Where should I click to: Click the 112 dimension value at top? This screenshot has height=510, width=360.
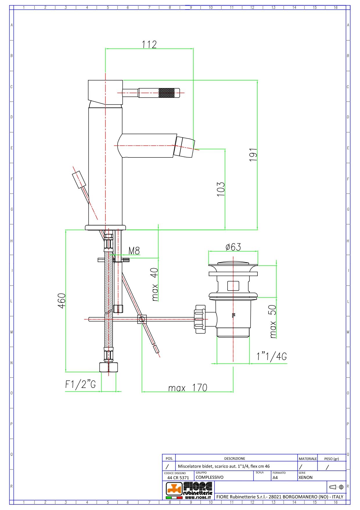click(x=149, y=44)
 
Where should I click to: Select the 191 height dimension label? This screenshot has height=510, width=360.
click(x=253, y=155)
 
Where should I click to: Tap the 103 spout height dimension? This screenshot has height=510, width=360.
click(x=221, y=189)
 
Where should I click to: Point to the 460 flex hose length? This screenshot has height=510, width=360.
click(x=62, y=301)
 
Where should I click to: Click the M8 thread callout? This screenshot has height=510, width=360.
click(x=134, y=251)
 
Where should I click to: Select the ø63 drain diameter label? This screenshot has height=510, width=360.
click(x=233, y=247)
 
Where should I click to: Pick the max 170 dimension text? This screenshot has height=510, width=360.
click(x=188, y=388)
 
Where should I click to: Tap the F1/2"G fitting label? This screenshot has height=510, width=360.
click(x=80, y=384)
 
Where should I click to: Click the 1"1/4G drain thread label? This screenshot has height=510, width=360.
click(x=271, y=356)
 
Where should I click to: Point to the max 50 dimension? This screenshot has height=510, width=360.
click(x=272, y=321)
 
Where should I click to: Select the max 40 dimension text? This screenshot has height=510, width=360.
click(x=155, y=284)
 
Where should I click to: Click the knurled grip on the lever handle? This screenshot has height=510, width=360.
click(x=167, y=93)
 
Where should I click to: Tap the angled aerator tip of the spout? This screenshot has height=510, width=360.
click(x=184, y=147)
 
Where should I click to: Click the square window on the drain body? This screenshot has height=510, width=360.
click(x=233, y=286)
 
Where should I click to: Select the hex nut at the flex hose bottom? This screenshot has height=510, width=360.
click(x=109, y=367)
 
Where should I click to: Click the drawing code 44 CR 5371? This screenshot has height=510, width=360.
click(x=178, y=477)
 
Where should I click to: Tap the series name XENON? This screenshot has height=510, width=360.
click(x=305, y=477)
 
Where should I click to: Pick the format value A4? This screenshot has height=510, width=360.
click(x=275, y=477)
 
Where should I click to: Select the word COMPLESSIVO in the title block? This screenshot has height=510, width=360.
click(x=209, y=477)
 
